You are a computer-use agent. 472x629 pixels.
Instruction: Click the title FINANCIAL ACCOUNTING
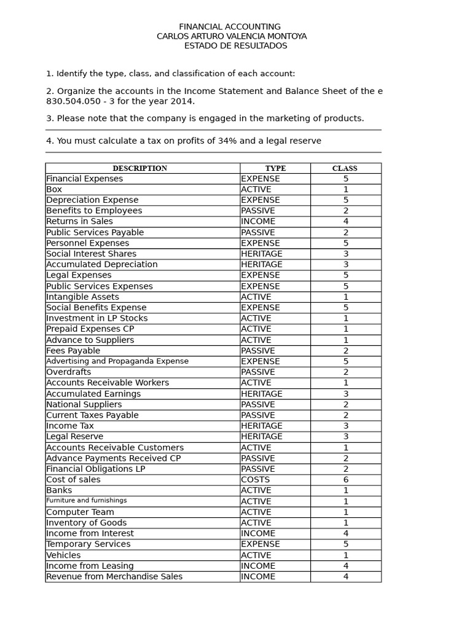[229, 27]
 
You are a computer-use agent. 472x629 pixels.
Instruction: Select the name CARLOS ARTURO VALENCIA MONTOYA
[232, 36]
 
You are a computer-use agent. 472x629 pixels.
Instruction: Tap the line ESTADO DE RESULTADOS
[235, 45]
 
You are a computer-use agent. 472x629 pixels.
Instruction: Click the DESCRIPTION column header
[140, 168]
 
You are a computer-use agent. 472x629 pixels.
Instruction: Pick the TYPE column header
[275, 168]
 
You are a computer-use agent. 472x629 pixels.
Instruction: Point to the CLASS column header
[345, 168]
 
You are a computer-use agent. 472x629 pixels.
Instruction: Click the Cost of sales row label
[73, 480]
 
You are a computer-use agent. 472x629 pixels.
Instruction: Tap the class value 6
[345, 480]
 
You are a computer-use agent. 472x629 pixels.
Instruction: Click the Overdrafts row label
[69, 372]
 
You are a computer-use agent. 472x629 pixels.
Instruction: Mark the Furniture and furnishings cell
[87, 501]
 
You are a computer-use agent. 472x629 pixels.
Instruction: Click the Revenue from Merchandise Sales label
[114, 577]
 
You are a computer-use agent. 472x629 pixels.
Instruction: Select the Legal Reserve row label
[74, 437]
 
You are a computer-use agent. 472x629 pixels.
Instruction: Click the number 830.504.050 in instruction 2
[73, 101]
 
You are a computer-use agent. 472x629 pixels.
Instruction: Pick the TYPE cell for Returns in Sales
[258, 221]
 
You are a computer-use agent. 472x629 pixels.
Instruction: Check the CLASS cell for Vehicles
[345, 555]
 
